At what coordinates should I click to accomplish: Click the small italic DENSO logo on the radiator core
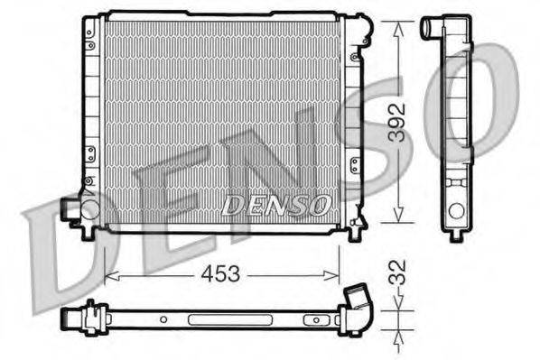[x=275, y=205]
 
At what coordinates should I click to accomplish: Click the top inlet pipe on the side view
[x=432, y=30]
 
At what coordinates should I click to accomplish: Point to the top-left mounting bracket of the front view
[x=89, y=32]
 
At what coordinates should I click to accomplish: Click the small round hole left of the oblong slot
[x=163, y=318]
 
